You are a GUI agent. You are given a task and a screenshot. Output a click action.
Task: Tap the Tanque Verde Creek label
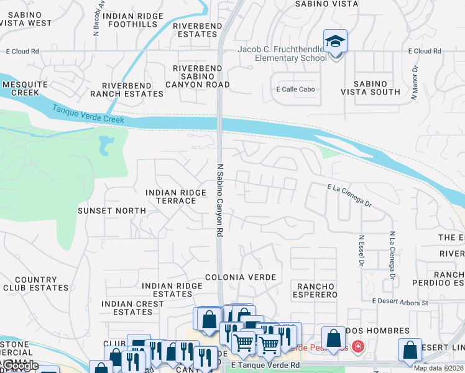(x=88, y=114)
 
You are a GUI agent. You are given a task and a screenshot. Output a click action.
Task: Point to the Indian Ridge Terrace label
(x=176, y=197)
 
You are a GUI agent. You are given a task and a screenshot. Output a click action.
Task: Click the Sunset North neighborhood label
(x=112, y=211)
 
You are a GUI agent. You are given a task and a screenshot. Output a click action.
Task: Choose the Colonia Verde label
(x=240, y=277)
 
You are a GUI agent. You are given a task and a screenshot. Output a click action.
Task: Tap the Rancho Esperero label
(x=315, y=290)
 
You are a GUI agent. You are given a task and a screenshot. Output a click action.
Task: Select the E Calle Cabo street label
(x=295, y=89)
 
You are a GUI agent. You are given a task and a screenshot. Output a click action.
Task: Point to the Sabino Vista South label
(x=371, y=88)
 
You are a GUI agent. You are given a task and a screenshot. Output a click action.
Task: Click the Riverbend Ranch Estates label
(x=127, y=90)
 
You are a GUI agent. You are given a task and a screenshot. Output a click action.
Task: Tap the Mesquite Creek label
(x=21, y=88)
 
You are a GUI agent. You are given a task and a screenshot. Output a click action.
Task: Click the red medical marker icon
(x=358, y=346)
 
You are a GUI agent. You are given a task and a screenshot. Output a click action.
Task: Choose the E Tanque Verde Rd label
(x=264, y=366)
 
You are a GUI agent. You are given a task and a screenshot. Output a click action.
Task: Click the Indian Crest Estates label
(x=132, y=308)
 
